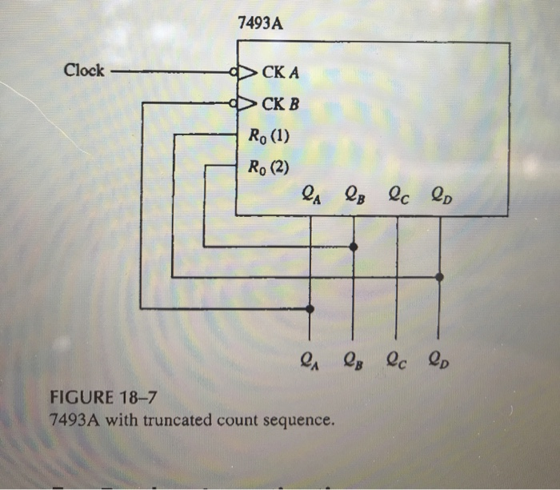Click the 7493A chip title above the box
(261, 23)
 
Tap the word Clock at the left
(84, 70)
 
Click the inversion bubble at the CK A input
(234, 72)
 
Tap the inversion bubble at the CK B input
(234, 103)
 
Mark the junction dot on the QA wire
(310, 308)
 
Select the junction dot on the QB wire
(354, 247)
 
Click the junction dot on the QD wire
(439, 277)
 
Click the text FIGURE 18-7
(100, 398)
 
